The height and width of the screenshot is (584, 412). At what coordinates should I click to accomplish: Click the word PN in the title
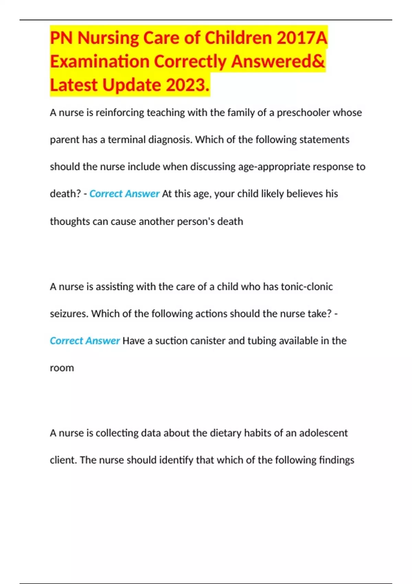click(62, 38)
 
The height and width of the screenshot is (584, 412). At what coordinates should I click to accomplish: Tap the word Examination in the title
click(99, 61)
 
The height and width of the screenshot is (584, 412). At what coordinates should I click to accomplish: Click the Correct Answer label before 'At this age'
click(124, 194)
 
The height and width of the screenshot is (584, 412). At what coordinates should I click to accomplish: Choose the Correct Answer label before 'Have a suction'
click(85, 341)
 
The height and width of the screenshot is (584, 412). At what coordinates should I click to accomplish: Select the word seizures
click(69, 314)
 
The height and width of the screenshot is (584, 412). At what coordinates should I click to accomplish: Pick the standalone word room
click(62, 368)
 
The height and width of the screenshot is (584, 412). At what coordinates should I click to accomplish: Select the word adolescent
click(323, 433)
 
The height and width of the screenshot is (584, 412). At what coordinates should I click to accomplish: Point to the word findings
click(336, 460)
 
